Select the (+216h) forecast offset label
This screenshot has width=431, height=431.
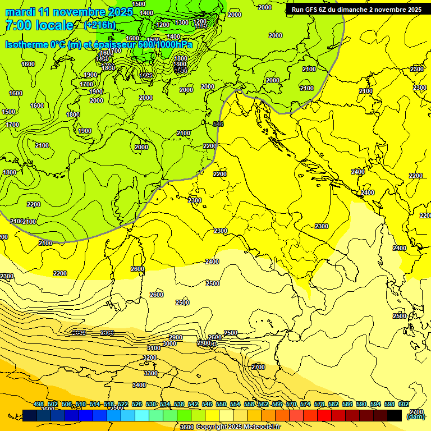[x=100, y=25]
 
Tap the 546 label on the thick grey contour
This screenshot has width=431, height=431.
[x=218, y=124]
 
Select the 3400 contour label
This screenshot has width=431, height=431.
[x=139, y=385]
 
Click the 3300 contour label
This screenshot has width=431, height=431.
[x=151, y=373]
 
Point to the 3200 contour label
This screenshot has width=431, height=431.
[x=150, y=357]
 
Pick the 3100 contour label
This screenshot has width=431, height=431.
[x=154, y=348]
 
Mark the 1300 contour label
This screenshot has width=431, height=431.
[x=182, y=22]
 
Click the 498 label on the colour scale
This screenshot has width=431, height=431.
[x=39, y=405]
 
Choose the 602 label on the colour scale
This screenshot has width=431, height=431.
[x=404, y=405]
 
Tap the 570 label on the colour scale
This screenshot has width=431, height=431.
[x=291, y=405]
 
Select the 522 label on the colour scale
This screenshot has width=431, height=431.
[x=123, y=405]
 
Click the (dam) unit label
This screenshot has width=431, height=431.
[x=415, y=416]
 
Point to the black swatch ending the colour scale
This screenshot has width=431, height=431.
[x=395, y=415]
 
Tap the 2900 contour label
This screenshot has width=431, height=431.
[x=176, y=337]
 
